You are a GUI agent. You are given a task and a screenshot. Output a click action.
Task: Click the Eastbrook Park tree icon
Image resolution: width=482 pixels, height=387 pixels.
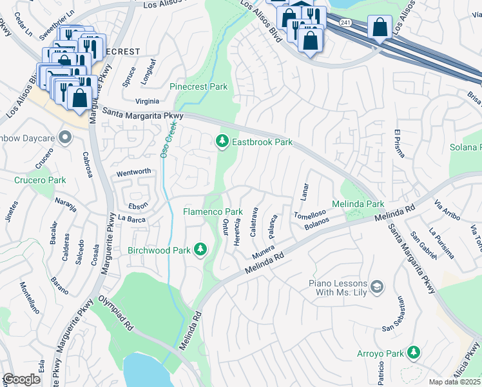(x=222, y=141)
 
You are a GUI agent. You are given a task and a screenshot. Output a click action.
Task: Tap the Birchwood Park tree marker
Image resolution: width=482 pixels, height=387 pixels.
(x=201, y=249)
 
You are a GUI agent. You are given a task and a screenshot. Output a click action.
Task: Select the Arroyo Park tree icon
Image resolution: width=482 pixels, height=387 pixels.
(x=414, y=352)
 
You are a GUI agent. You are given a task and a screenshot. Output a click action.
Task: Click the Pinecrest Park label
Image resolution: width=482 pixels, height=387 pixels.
(x=198, y=86)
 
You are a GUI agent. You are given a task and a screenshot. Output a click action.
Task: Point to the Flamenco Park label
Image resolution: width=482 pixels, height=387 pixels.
(x=213, y=212)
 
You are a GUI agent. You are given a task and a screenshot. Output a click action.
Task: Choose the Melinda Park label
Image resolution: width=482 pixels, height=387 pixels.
(x=358, y=204)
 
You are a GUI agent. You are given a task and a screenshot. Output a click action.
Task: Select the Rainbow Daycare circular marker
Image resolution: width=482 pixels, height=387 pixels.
(x=64, y=137)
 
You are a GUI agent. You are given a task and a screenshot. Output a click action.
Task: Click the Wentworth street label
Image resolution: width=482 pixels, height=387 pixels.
(x=133, y=172)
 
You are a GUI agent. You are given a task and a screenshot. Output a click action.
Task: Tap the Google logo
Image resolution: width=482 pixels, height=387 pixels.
(x=21, y=379)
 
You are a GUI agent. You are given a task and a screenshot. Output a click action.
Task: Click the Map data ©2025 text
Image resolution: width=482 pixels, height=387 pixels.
(x=455, y=382)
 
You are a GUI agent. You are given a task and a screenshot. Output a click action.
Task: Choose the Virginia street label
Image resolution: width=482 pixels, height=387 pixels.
(x=147, y=101)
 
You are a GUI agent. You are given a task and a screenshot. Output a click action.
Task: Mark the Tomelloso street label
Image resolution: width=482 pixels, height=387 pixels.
(x=308, y=215)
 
